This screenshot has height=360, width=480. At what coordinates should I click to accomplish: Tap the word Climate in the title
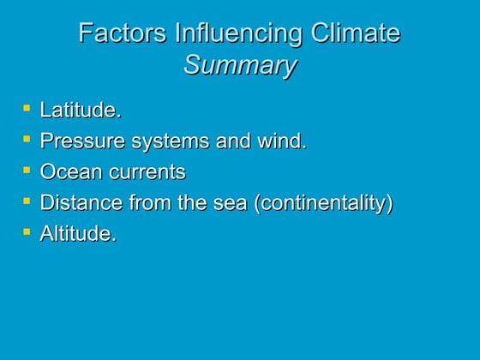coord(352,33)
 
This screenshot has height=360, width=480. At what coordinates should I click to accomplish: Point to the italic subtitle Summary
coord(240,65)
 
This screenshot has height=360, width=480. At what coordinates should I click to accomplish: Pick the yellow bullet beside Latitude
coord(27,108)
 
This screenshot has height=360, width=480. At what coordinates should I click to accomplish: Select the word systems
coord(167,141)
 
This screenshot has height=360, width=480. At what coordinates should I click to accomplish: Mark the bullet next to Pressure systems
coord(27,139)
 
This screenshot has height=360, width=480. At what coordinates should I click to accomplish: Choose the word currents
coord(147,172)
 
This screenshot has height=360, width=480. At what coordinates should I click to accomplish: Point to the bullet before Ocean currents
coord(27,170)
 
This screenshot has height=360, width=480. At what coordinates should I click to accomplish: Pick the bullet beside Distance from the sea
coord(27,201)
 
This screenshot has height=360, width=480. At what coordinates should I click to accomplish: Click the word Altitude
coord(78,234)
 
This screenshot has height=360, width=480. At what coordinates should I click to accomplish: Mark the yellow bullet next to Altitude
coord(27,231)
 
